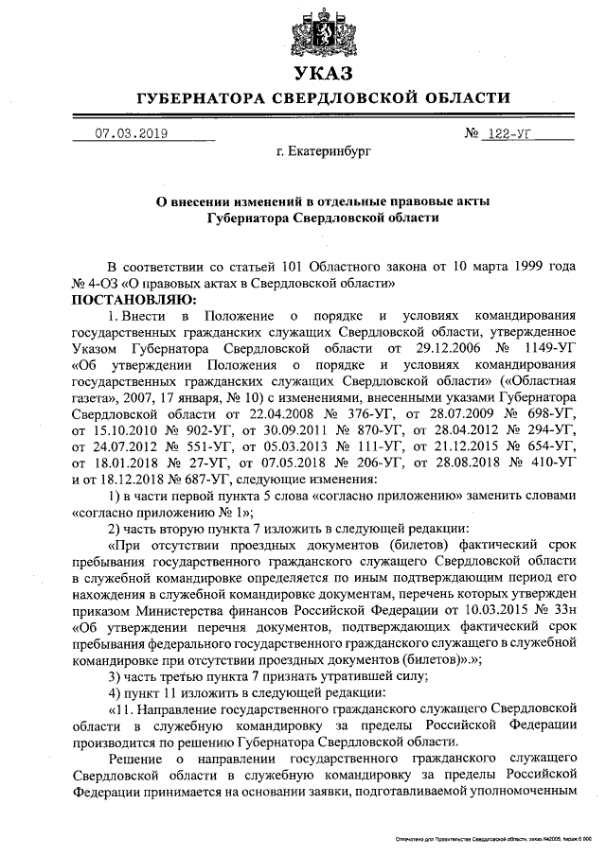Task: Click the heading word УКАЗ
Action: (x=324, y=74)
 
